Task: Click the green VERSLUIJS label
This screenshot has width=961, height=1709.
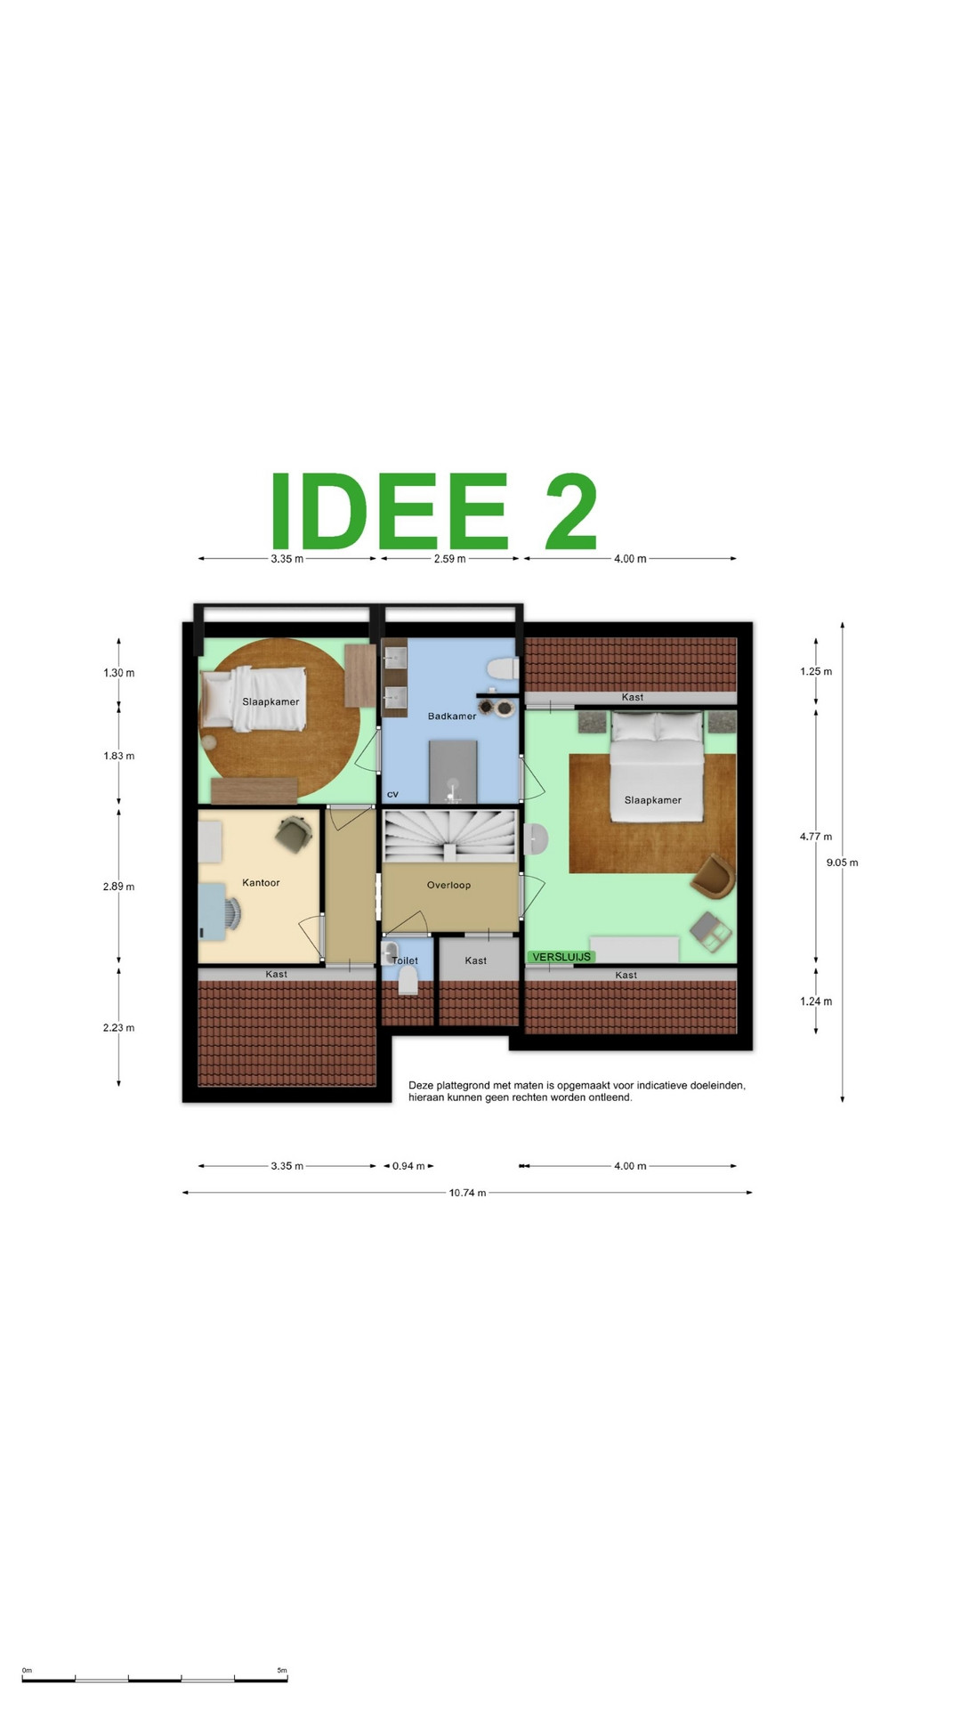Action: [561, 957]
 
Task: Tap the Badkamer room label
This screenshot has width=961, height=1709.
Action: [452, 716]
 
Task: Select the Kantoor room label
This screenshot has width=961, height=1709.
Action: [261, 883]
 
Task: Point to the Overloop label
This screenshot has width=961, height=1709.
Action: [448, 885]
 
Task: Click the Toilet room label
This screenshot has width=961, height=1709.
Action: [405, 960]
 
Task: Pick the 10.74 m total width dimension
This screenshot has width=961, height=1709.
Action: [467, 1193]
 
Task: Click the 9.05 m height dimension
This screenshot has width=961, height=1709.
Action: [842, 863]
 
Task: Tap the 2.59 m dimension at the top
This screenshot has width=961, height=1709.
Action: [449, 559]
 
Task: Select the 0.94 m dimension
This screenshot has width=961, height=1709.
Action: [408, 1166]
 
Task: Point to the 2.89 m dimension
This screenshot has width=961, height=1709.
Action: [118, 887]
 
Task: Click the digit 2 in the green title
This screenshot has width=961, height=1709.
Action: [570, 512]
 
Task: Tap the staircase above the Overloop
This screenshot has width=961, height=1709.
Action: [450, 835]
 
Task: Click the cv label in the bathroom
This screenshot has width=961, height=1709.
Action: [392, 794]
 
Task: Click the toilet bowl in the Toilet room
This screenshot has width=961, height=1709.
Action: [408, 980]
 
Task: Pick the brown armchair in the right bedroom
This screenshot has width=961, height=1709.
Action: [713, 876]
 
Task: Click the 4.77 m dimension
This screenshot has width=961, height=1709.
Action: [815, 837]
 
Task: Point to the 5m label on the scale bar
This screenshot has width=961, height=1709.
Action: [282, 1671]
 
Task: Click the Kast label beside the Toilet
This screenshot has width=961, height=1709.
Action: [475, 960]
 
